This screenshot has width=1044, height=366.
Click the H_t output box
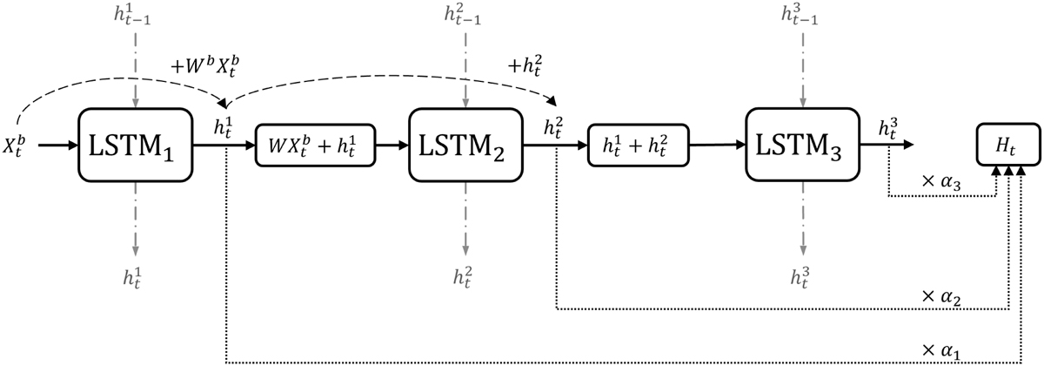pos(1008,145)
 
